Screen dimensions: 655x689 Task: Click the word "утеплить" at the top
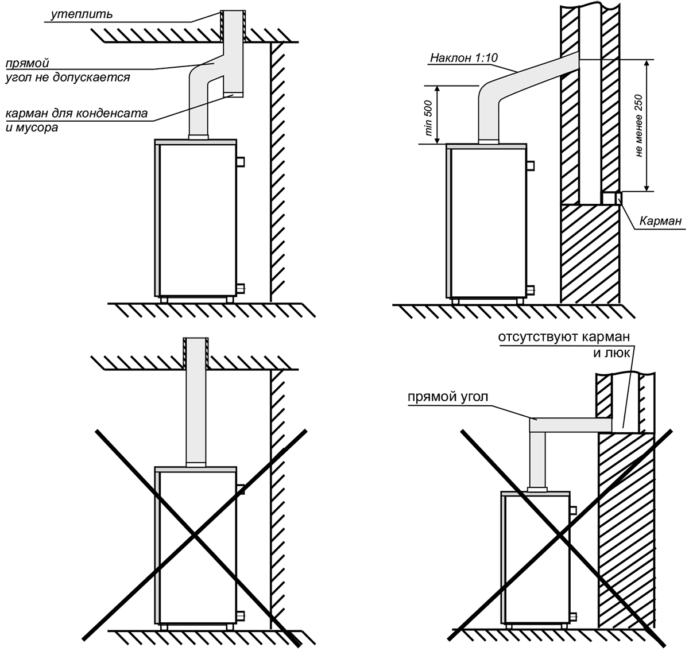click(80, 13)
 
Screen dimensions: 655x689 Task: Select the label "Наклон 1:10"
click(456, 59)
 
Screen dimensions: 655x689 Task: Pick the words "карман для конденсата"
click(77, 114)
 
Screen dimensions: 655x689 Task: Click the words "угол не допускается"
click(68, 77)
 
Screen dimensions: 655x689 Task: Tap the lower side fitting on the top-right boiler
click(531, 288)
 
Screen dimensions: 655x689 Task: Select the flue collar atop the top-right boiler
click(489, 141)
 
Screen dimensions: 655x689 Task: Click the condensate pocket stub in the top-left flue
click(234, 86)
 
